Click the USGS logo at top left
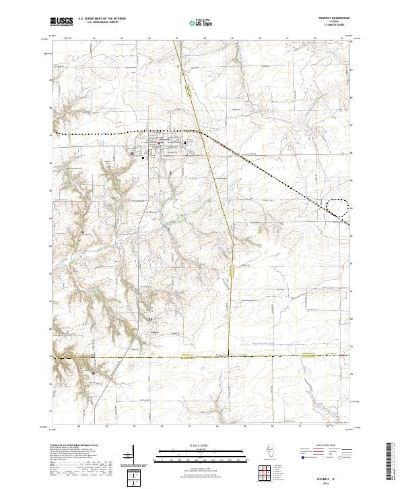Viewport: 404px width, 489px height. pyautogui.click(x=61, y=22)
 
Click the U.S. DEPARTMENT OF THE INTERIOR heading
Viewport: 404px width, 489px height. pyautogui.click(x=102, y=19)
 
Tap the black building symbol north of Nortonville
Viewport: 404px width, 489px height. pyautogui.click(x=149, y=320)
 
